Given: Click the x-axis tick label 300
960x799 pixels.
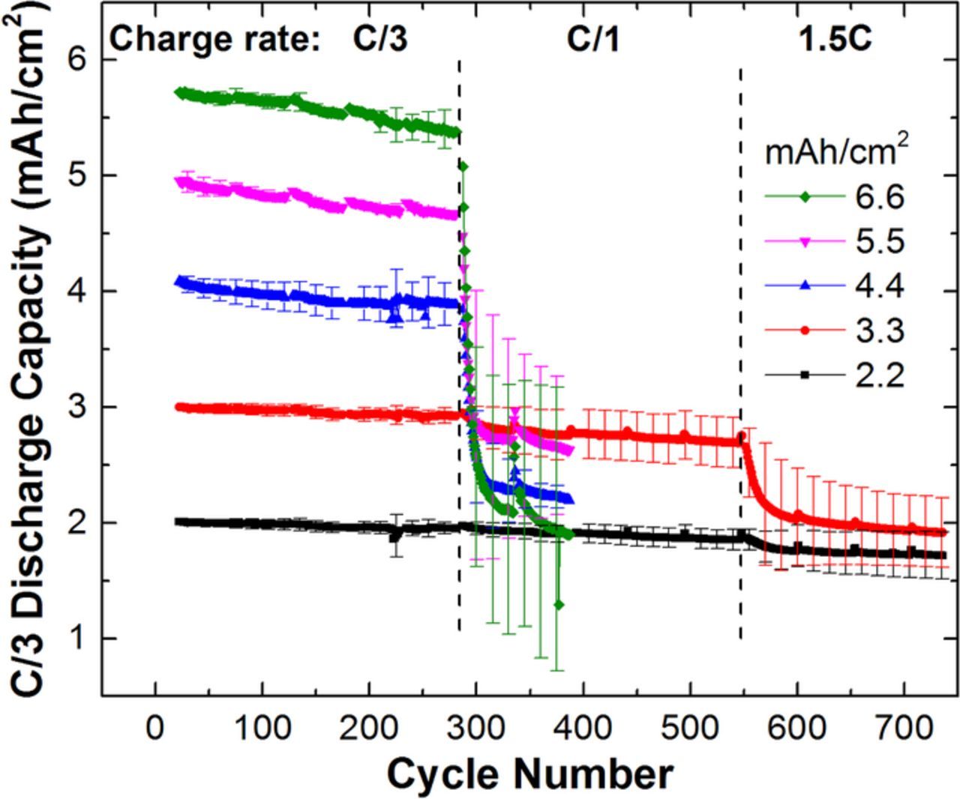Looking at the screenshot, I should click(475, 728).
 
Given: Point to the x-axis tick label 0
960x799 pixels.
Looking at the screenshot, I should click(155, 728).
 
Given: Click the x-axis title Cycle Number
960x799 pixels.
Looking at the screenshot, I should click(529, 774).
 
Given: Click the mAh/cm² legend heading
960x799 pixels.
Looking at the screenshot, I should click(836, 152).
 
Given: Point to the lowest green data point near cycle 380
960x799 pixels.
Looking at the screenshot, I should click(559, 604).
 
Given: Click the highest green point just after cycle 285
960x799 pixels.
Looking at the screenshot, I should click(463, 166).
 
